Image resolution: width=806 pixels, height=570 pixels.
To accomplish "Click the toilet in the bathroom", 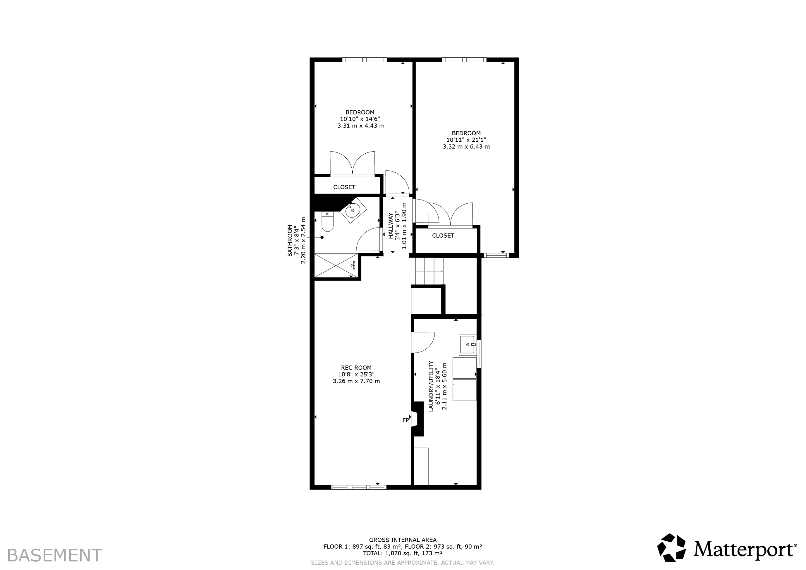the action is coord(327,222).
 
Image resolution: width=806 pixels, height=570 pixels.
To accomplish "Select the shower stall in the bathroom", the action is coord(336,265).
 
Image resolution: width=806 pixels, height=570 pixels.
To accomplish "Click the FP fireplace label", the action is coord(406,420).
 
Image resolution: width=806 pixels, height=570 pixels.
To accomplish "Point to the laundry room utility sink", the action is coord(468,345).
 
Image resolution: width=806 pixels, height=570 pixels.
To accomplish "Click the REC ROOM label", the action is coord(356,368).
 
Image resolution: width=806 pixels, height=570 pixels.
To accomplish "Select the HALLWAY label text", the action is coord(390,226).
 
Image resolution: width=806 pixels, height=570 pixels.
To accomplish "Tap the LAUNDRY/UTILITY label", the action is coord(431,386).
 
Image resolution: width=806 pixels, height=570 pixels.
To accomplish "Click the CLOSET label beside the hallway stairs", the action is coord(443,235).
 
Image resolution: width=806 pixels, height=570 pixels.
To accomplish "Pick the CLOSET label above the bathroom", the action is coord(344,187).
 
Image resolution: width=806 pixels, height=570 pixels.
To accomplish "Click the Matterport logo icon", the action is coord(671,548).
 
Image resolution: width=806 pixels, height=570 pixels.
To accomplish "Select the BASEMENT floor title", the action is coord(54,556).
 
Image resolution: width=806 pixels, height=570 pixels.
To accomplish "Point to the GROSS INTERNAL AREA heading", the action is coord(403,540).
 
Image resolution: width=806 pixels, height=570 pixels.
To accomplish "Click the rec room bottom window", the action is coord(359,487).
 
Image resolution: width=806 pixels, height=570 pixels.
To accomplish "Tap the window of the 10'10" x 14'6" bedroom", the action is coord(364,60).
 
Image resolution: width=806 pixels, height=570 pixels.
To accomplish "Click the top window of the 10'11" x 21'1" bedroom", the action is coord(464,60).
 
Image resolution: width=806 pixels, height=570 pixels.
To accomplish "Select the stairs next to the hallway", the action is coord(429,271).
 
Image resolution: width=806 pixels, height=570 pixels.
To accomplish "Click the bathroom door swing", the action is coord(369,240).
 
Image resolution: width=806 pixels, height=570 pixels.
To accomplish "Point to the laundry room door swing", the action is coord(423,342).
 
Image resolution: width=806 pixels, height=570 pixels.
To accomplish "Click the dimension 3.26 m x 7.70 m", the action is coord(356,381).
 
